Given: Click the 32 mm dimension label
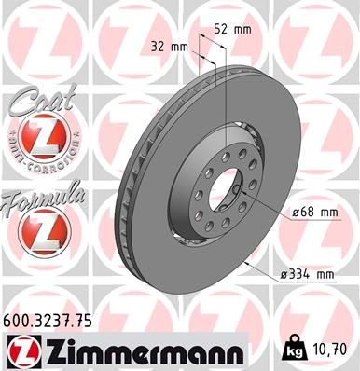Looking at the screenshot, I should (164, 45).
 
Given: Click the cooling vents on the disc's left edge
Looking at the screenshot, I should (132, 186).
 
